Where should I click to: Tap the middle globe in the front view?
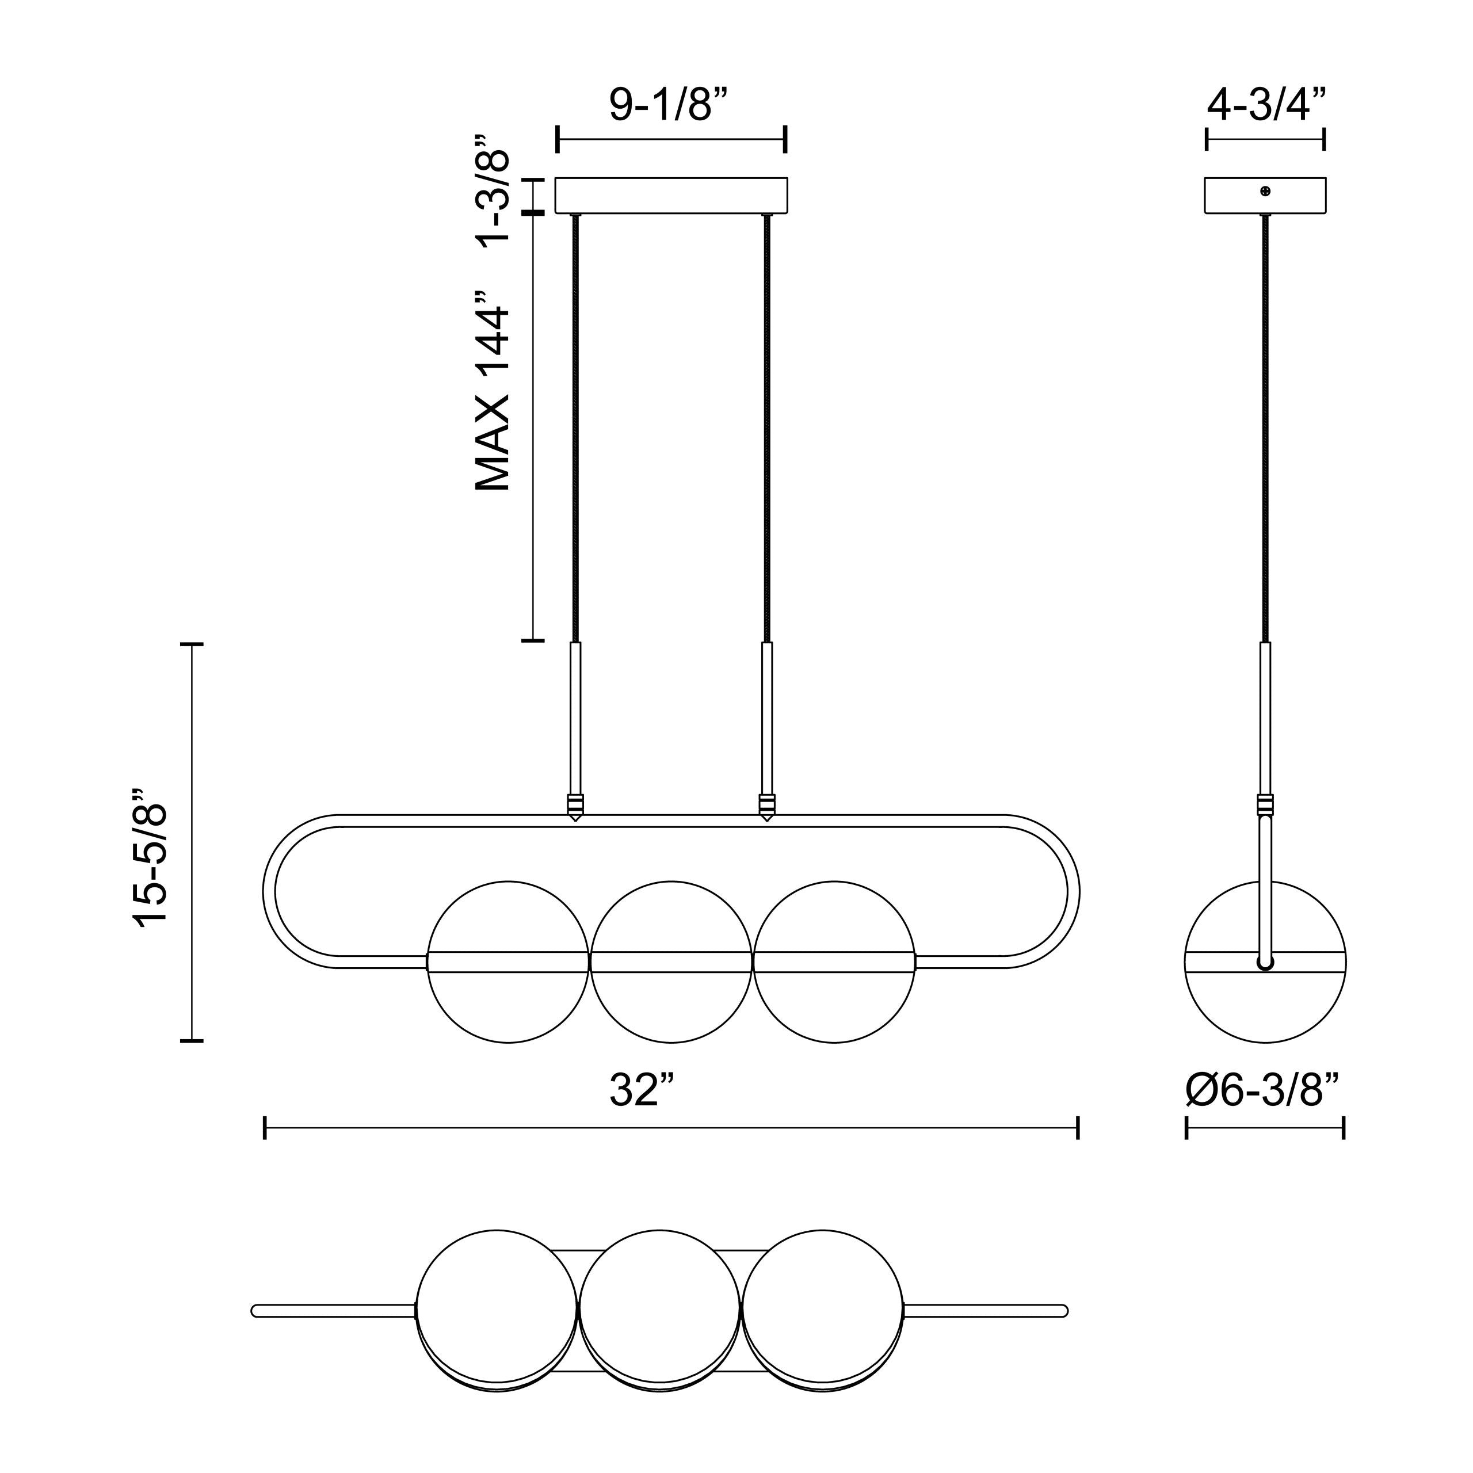click(x=671, y=961)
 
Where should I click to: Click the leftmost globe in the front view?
click(x=509, y=961)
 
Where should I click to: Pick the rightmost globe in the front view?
click(x=834, y=961)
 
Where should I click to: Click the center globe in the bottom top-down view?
click(x=659, y=1311)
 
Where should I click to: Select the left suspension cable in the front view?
click(x=575, y=427)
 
